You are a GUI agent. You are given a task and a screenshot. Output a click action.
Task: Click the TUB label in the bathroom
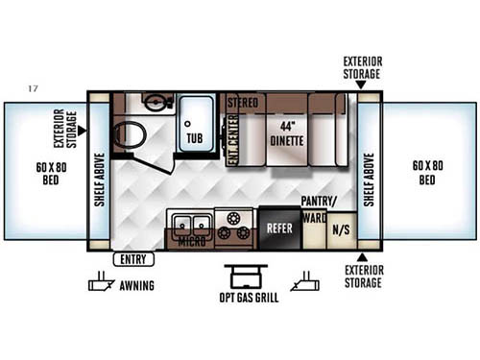pos(195,137)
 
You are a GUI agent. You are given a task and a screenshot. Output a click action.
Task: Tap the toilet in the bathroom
pos(128,136)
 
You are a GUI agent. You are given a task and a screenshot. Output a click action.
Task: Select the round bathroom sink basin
pos(154,102)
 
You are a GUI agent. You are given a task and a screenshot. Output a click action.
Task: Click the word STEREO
pos(243,100)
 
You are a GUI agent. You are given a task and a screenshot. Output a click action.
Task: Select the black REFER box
pos(278,229)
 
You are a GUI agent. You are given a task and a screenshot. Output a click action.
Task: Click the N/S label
pos(341,230)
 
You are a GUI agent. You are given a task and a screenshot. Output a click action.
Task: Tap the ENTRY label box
pos(132,259)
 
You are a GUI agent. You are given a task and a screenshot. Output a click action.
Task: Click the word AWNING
pos(137,285)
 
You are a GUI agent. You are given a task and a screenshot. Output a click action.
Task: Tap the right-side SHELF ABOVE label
pos(372,176)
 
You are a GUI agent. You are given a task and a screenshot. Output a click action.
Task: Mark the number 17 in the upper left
pos(34,89)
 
